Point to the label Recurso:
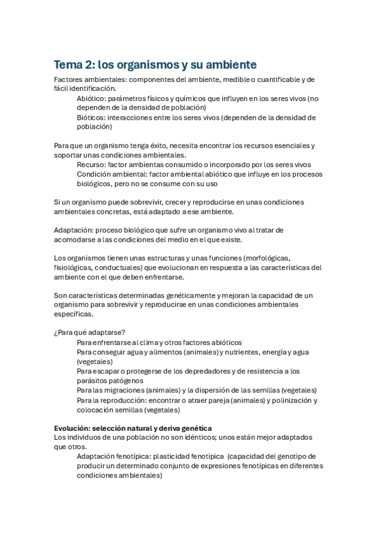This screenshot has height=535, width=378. (92, 165)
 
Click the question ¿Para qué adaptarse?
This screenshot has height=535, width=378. (89, 332)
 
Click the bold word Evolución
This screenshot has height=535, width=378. (73, 428)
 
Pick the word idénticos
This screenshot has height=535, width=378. (208, 437)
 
